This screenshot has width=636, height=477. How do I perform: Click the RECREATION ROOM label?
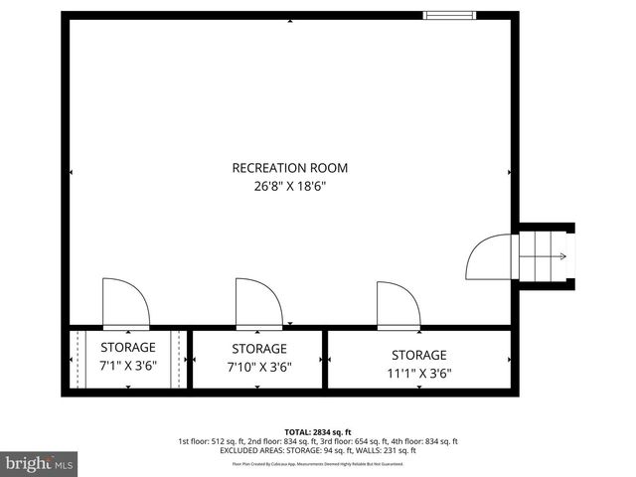coord(290,168)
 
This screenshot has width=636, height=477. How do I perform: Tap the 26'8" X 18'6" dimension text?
coord(290,185)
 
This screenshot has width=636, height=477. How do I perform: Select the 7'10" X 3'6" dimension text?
coord(259,366)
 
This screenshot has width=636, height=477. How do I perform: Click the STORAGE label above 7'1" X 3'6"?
coord(128,347)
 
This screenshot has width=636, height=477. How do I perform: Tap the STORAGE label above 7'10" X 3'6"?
coord(259,349)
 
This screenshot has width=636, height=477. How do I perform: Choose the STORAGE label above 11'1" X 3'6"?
coord(418,355)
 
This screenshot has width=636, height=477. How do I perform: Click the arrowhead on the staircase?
coord(563,257)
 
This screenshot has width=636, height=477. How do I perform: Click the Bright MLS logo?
coord(40,463)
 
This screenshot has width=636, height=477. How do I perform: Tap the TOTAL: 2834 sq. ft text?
coord(318,431)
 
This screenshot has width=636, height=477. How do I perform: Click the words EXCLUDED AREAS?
coord(249,450)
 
